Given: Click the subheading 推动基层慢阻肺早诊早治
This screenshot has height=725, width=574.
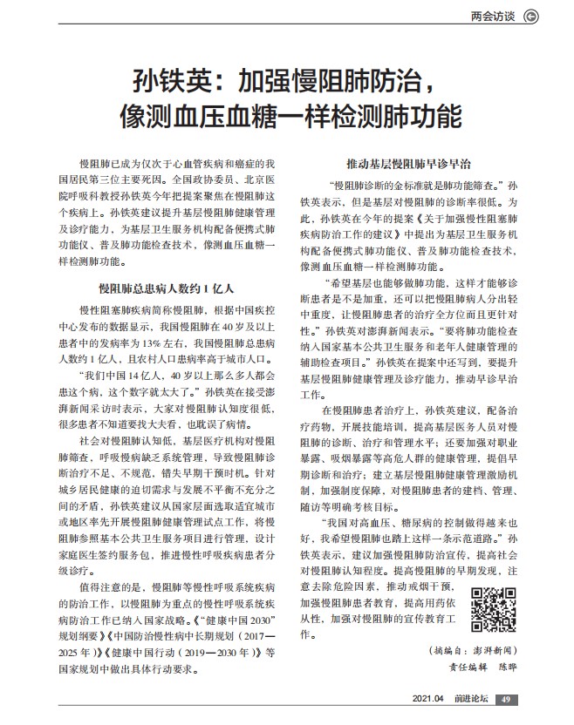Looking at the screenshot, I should (x=409, y=163).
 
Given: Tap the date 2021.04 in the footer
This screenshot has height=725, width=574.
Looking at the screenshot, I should (x=428, y=699).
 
